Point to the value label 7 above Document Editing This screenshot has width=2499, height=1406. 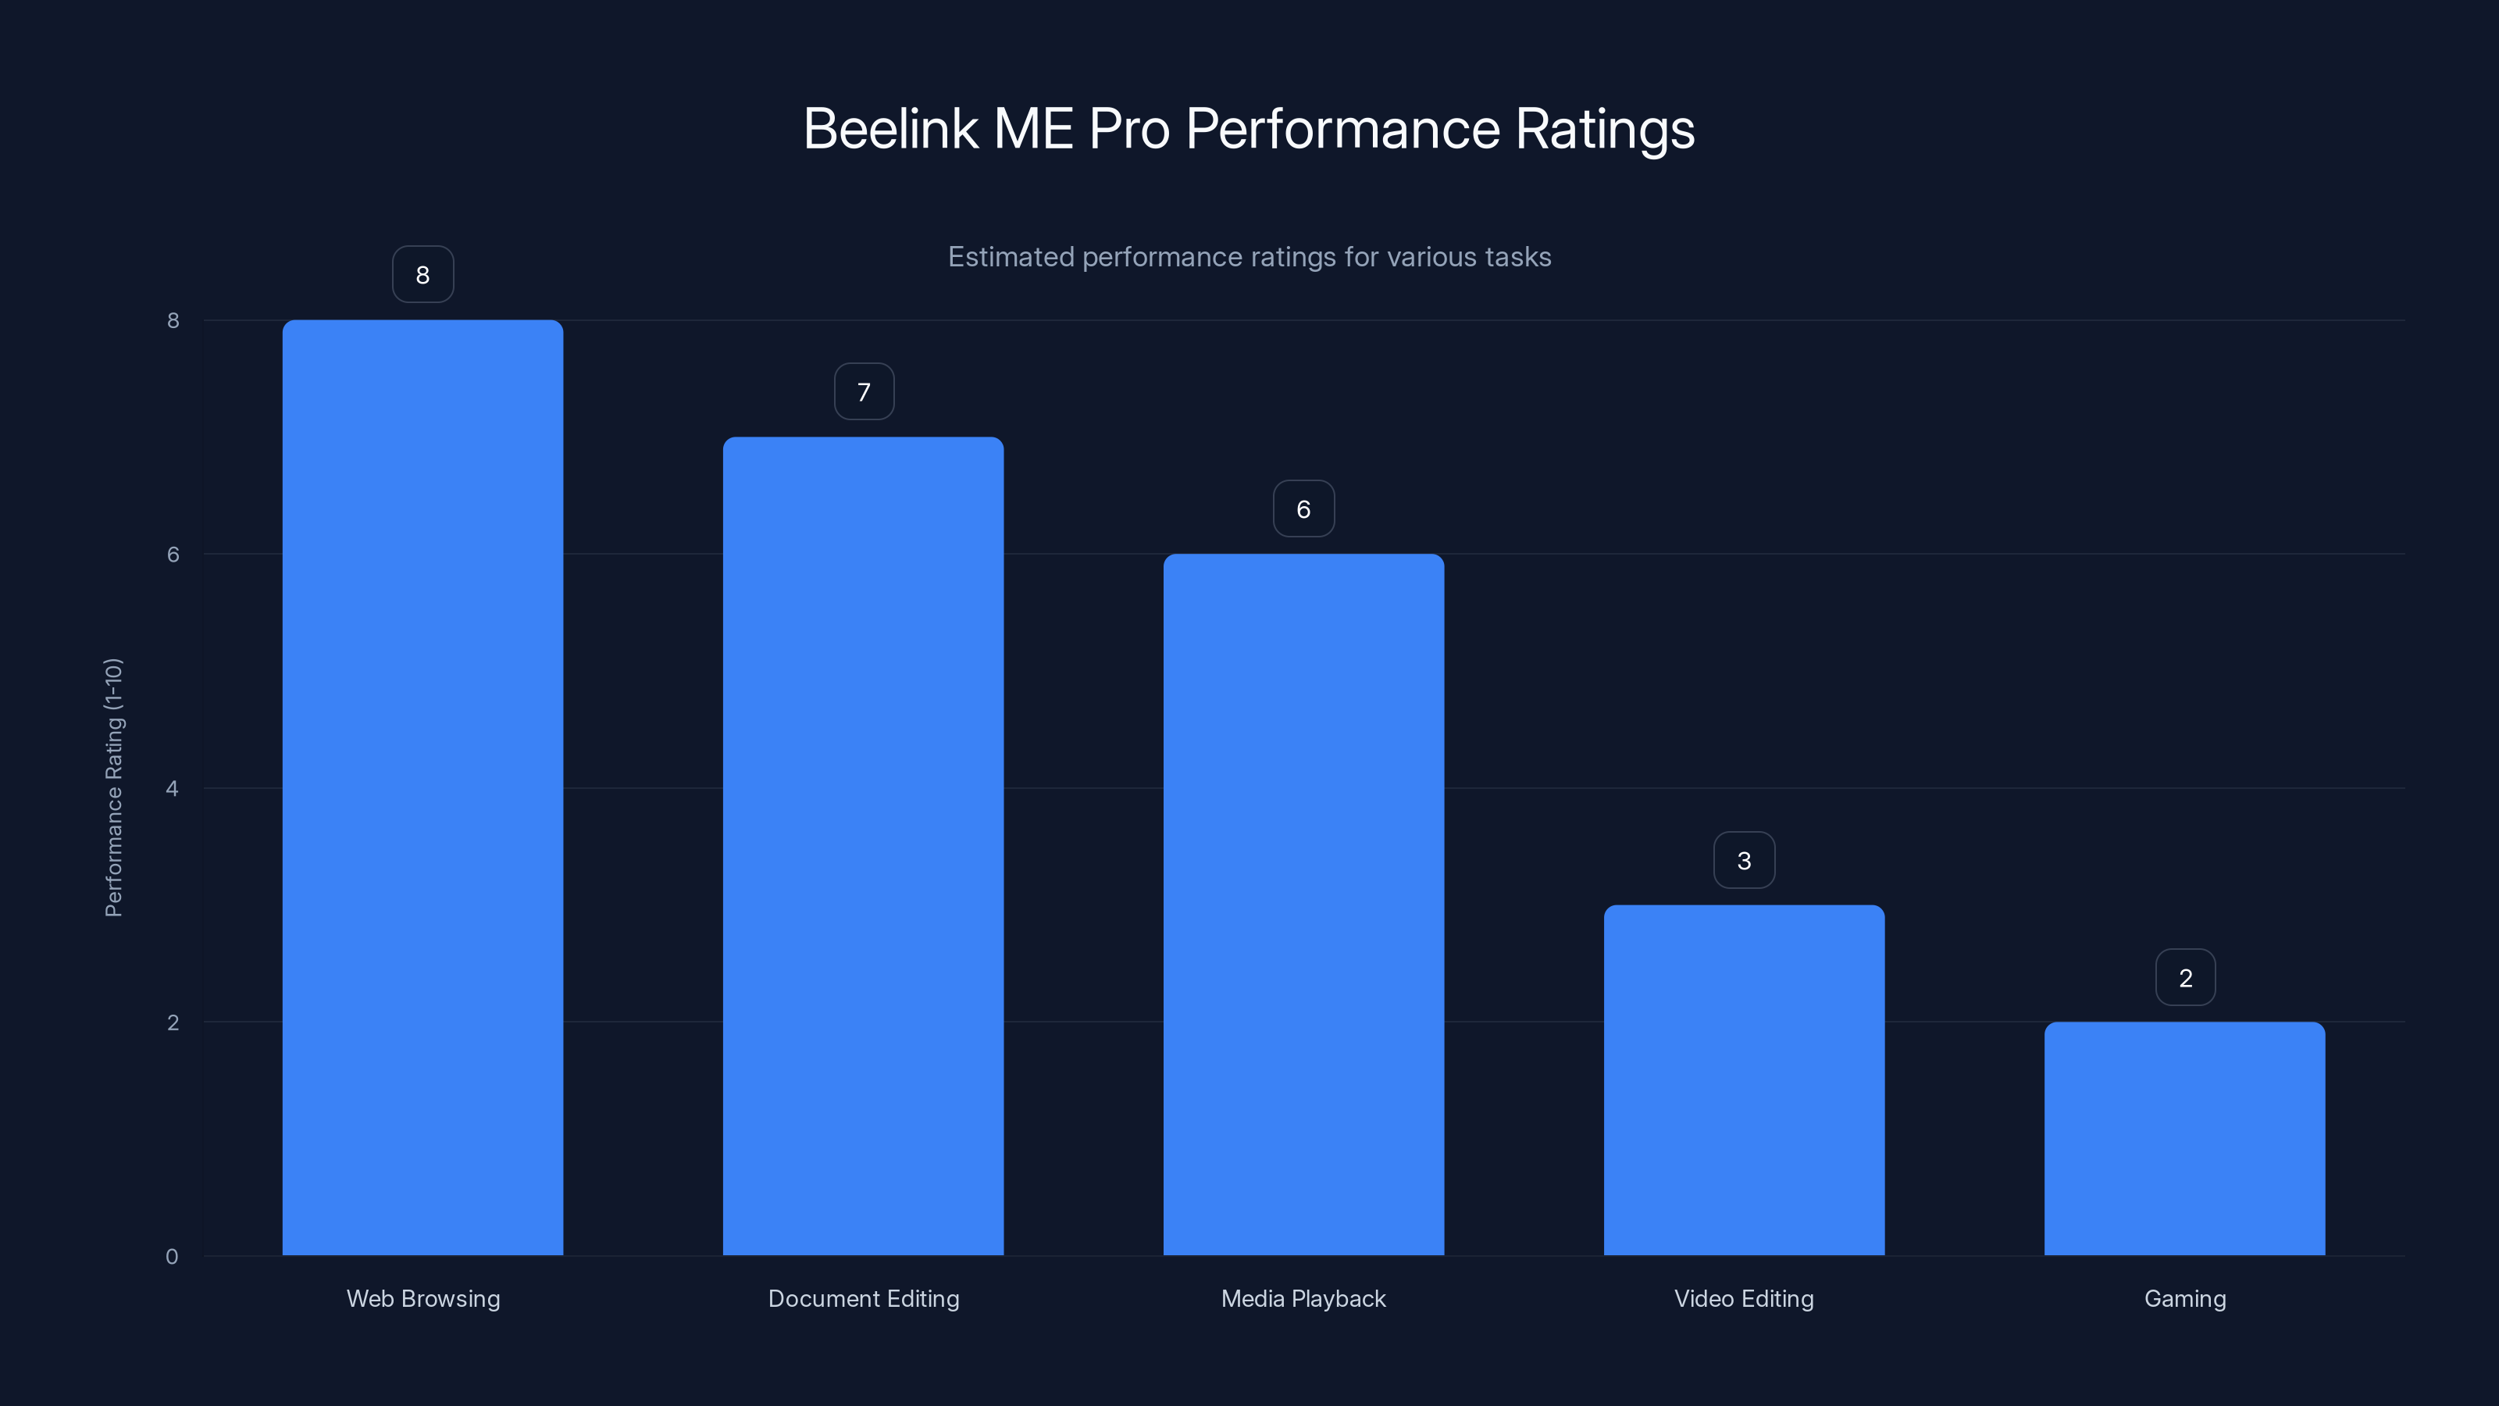point(864,392)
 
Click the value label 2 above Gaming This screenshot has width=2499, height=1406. point(2185,978)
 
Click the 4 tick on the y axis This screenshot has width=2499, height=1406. point(172,788)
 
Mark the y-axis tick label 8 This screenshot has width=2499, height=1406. point(173,320)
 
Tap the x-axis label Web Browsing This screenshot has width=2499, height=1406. point(423,1298)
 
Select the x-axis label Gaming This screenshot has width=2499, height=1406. point(2185,1298)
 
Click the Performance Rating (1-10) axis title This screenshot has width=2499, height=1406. point(113,787)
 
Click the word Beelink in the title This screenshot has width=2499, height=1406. point(890,129)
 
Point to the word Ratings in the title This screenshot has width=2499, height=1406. point(1605,129)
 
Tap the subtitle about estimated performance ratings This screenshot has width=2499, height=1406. point(1249,257)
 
